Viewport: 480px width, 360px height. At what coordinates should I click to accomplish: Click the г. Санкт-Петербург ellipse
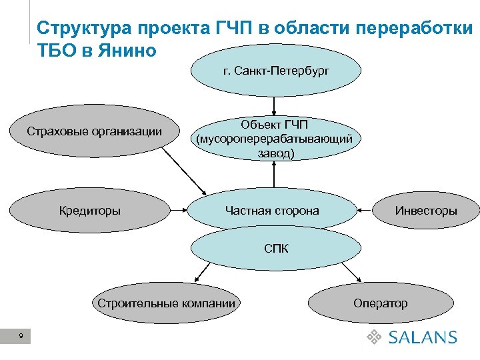pyautogui.click(x=276, y=71)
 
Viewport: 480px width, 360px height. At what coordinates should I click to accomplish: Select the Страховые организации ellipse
pyautogui.click(x=94, y=131)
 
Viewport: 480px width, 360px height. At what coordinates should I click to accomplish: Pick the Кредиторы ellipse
pyautogui.click(x=90, y=211)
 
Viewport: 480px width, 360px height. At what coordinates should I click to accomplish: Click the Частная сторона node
pyautogui.click(x=272, y=211)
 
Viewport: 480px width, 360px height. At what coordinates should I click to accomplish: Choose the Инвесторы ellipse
pyautogui.click(x=426, y=211)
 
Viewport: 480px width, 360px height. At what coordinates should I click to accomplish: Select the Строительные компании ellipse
pyautogui.click(x=166, y=303)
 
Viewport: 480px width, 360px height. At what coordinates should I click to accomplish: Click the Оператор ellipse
pyautogui.click(x=380, y=303)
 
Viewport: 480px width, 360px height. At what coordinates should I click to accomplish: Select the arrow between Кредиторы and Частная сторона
pyautogui.click(x=176, y=211)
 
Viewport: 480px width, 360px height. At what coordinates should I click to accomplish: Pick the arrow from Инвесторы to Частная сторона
pyautogui.click(x=364, y=211)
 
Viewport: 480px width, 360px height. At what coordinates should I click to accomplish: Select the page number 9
pyautogui.click(x=22, y=338)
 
